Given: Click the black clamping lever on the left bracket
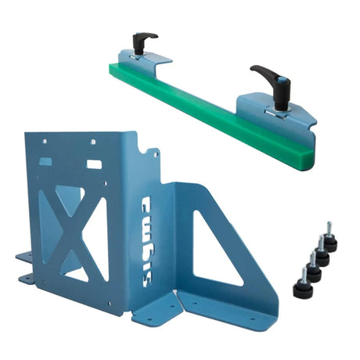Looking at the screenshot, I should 145,39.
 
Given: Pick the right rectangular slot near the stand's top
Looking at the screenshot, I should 94,165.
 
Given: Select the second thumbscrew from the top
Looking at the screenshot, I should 321,254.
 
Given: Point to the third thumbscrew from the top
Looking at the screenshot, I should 312,269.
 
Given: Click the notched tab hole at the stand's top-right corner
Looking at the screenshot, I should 153,153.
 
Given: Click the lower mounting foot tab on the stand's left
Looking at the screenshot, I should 27,278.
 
